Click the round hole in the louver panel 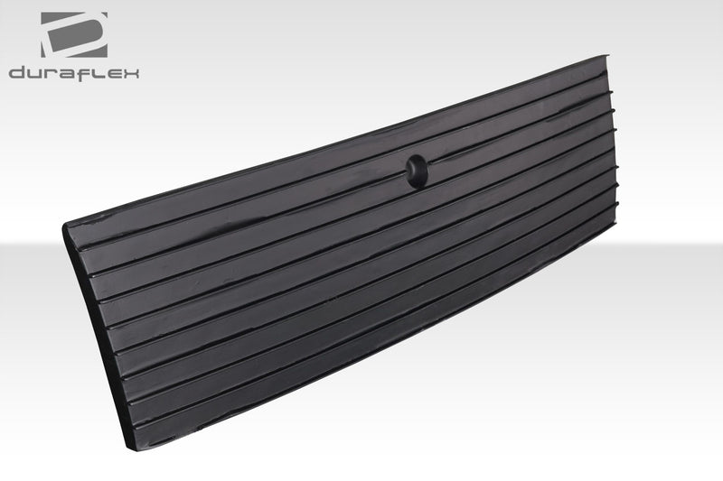pos(417,170)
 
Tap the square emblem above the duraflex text pos(73,35)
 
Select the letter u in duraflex pos(35,74)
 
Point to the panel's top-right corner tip pos(604,57)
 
